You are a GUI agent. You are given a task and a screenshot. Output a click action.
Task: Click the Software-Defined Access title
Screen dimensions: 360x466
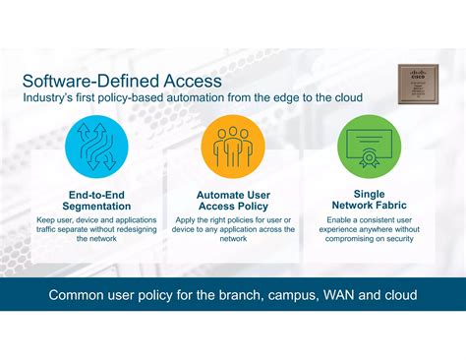(122, 80)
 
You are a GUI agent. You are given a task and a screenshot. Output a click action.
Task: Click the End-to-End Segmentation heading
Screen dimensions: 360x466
(96, 200)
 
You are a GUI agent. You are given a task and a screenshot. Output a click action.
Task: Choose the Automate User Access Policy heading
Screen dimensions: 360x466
(233, 200)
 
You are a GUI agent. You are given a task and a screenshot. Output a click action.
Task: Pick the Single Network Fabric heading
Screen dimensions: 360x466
(369, 200)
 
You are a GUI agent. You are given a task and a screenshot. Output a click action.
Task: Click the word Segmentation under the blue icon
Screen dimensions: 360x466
(96, 206)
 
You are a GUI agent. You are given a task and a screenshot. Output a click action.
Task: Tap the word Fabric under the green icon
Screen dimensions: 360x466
(390, 206)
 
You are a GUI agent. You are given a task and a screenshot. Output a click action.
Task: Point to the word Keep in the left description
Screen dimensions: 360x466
(46, 219)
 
